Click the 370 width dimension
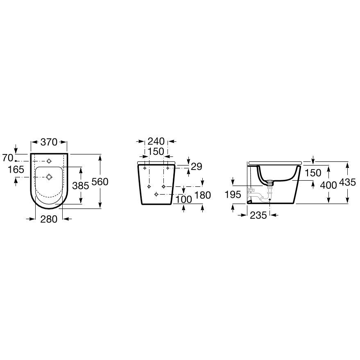[x=49, y=142]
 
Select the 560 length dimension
[x=100, y=181]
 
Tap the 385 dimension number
[x=81, y=186]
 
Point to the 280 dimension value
[x=49, y=219]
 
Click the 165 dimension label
[x=16, y=170]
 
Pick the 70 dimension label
[x=7, y=158]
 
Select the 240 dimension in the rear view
[x=156, y=141]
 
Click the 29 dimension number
[x=197, y=167]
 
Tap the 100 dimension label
[x=183, y=199]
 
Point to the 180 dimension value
[x=202, y=195]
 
